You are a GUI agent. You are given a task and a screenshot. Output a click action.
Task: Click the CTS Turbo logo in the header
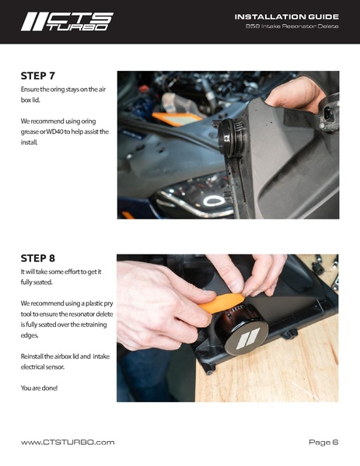pos(67,22)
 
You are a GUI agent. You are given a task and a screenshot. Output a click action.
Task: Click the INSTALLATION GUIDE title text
pos(286,17)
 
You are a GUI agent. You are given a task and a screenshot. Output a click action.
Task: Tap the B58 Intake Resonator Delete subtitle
pos(292,26)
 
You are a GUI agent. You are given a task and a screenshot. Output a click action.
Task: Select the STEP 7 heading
pos(38,76)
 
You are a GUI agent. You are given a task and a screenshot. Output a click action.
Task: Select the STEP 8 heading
pos(38,258)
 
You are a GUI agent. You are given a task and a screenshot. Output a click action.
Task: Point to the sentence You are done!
pos(39,388)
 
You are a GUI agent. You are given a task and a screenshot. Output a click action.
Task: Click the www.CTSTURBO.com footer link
pos(68,442)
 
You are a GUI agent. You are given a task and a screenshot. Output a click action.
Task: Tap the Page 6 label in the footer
pos(323,442)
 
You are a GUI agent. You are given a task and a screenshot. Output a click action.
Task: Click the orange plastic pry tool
pos(222,303)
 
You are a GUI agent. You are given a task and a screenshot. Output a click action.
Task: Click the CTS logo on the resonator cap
pos(248,338)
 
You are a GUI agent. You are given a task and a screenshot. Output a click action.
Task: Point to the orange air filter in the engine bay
pos(177,118)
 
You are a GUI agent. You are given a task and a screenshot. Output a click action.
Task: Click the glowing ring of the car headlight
pos(214,201)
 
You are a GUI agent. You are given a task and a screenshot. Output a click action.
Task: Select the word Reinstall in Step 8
pos(32,356)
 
